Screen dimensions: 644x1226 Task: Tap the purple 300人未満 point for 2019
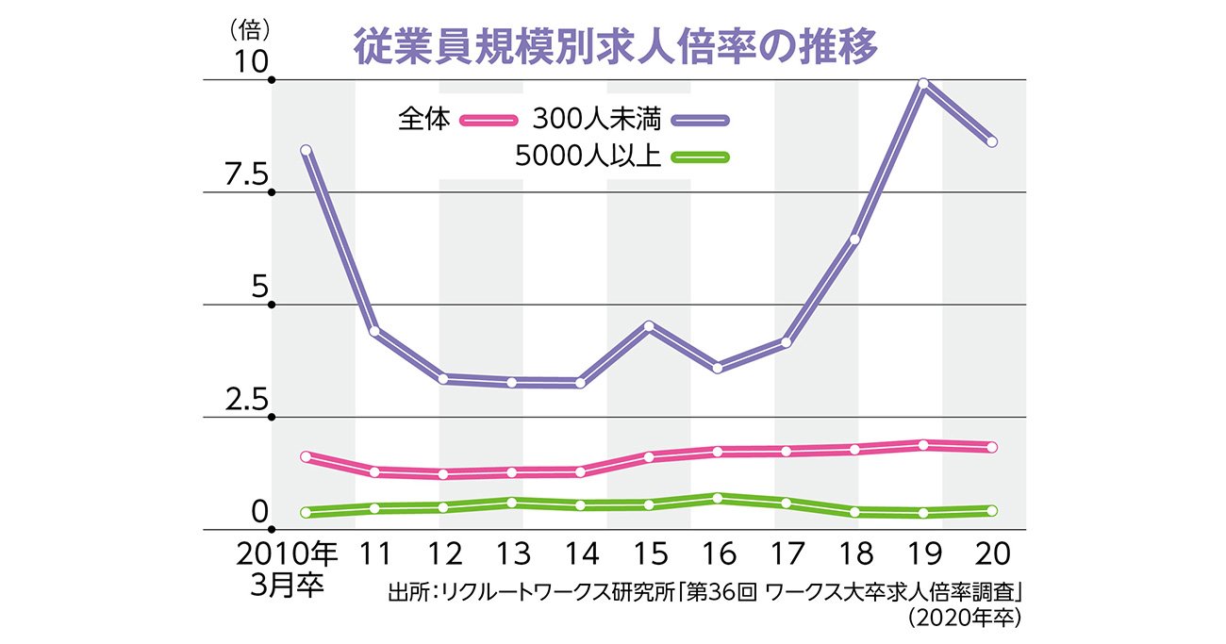pyautogui.click(x=923, y=84)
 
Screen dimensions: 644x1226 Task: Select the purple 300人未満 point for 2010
pyautogui.click(x=306, y=150)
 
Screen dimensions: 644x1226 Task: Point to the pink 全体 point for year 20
pyautogui.click(x=991, y=447)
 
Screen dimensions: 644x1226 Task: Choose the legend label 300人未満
pyautogui.click(x=601, y=120)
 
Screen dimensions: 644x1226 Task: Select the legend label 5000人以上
pyautogui.click(x=588, y=157)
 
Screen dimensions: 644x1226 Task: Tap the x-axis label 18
pyautogui.click(x=854, y=552)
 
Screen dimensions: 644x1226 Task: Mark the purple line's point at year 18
pyautogui.click(x=854, y=239)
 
